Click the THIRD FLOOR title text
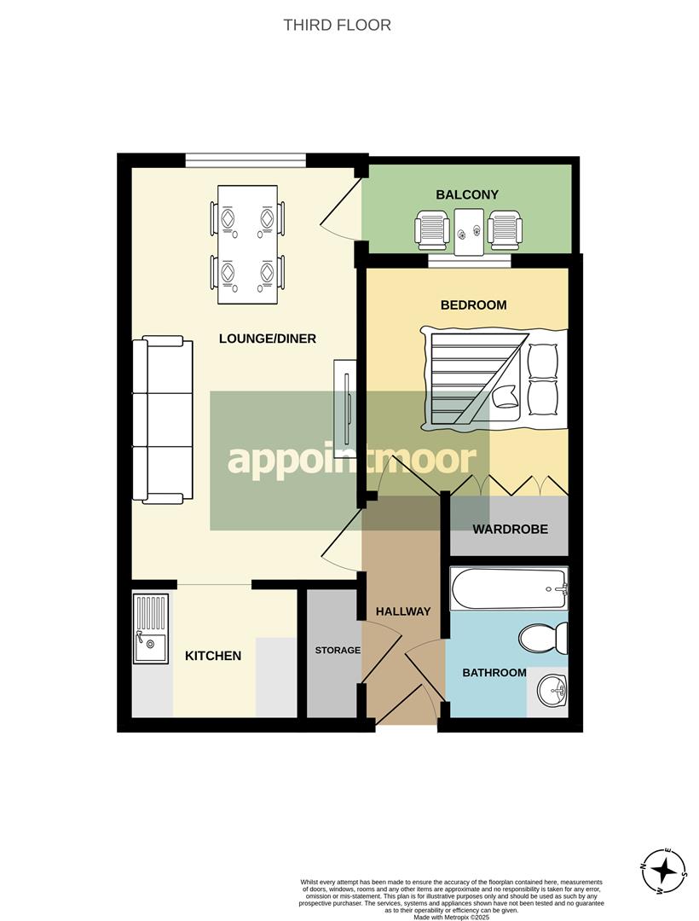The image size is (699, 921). point(337,25)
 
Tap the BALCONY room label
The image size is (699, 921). point(466,194)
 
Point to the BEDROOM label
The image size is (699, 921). point(473,304)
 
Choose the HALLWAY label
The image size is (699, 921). point(403,611)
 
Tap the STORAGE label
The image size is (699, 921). point(338,651)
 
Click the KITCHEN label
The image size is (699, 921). point(213,656)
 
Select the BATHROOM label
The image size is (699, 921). point(494,673)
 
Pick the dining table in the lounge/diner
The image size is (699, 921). point(247,245)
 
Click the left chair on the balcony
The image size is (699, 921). point(432,230)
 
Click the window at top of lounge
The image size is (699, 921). point(246,159)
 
